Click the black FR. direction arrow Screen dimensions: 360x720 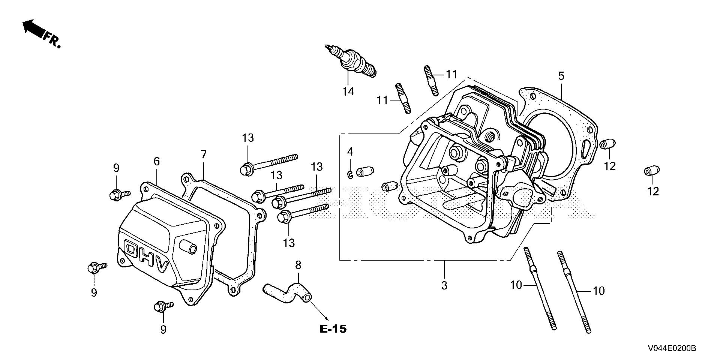(33, 29)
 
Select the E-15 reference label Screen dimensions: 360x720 (333, 329)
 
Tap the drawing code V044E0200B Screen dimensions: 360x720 (672, 349)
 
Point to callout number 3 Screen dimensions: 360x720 (444, 285)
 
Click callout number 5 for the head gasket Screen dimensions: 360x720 (561, 76)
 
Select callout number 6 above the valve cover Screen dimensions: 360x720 (157, 161)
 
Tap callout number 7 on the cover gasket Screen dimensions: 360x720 (203, 154)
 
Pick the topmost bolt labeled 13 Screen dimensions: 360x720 (268, 163)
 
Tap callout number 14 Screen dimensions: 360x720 (348, 91)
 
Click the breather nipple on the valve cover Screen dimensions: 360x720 (188, 246)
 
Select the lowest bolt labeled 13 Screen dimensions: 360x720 (302, 212)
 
